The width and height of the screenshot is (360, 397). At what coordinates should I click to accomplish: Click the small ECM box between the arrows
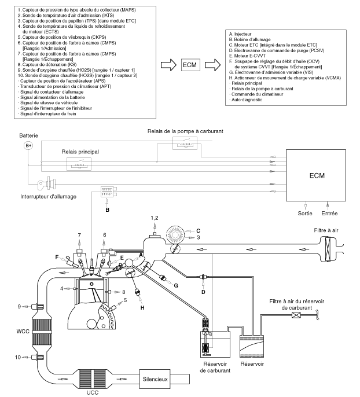coord(190,65)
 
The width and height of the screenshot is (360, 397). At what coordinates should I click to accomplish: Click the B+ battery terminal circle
coord(28,146)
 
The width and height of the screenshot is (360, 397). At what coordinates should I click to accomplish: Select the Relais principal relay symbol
coord(79,164)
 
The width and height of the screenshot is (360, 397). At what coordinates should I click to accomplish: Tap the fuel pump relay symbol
coord(185,143)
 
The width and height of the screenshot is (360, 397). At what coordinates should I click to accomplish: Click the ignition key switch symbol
coord(47,183)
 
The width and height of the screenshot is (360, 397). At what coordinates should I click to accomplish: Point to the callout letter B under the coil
coord(107,210)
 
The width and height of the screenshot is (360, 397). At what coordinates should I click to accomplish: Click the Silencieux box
coord(155,379)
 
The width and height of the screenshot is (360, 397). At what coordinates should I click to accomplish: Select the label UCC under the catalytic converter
coord(93,393)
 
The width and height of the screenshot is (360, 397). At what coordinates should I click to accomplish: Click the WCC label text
coord(23,331)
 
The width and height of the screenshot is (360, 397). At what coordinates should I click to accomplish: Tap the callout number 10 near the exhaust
coord(18,357)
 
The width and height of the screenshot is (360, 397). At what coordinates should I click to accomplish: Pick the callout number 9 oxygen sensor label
coord(19,307)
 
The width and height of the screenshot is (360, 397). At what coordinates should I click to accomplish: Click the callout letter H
coord(142,308)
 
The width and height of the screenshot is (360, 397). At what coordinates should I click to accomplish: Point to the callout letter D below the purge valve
coord(203,292)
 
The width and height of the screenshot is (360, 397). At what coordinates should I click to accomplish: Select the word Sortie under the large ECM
coord(305,214)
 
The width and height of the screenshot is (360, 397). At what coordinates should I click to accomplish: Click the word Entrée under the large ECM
coord(330,214)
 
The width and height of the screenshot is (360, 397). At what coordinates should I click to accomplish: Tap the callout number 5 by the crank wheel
coord(125,300)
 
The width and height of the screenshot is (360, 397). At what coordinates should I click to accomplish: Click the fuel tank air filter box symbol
coord(296,315)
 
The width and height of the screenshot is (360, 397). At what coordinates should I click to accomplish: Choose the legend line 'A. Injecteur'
coord(240,34)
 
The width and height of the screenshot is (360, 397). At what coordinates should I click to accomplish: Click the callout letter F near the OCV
coord(57,258)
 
